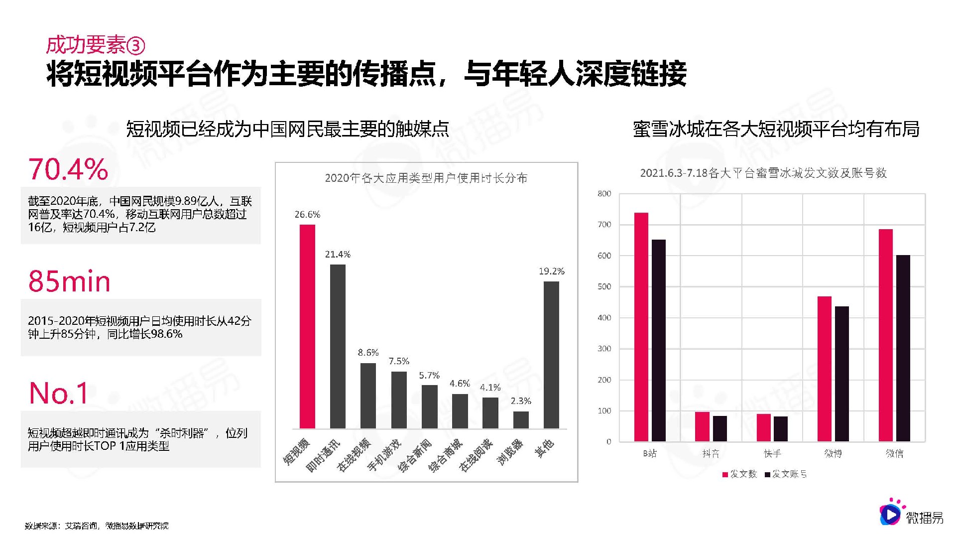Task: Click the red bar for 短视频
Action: [307, 326]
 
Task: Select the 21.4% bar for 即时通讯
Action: [338, 346]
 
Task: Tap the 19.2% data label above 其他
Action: [551, 271]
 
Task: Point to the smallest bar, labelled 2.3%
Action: [521, 420]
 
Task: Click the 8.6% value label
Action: [368, 353]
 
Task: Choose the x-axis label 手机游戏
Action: [384, 455]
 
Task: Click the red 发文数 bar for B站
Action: [641, 327]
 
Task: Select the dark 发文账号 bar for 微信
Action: [903, 348]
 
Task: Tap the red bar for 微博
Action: [824, 369]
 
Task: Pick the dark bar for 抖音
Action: [719, 428]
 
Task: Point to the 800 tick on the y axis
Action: [604, 194]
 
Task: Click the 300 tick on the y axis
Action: [604, 349]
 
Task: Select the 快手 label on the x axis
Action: [772, 453]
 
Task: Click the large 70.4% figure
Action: [68, 169]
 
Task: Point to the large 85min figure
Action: [69, 281]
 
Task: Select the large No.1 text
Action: [59, 394]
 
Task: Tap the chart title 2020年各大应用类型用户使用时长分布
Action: [426, 178]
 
